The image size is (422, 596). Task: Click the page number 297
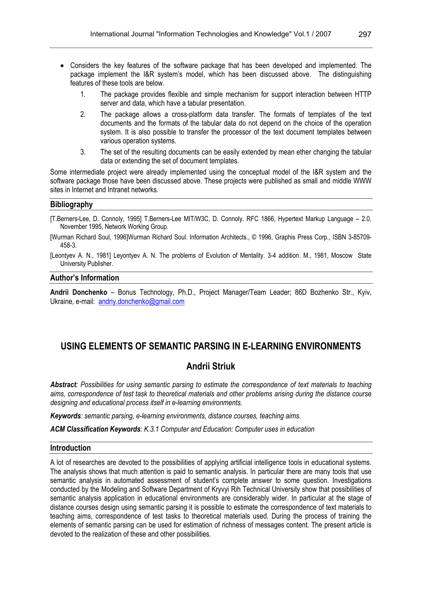click(365, 34)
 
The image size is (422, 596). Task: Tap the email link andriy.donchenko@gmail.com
click(141, 302)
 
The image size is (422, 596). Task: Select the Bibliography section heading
click(71, 204)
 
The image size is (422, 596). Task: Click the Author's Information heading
click(85, 278)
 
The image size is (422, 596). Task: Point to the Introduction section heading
click(70, 448)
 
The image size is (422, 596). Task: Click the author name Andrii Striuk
click(210, 366)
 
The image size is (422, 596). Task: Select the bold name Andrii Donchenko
click(79, 292)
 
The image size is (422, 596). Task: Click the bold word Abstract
click(63, 385)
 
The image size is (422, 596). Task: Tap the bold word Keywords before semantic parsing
click(65, 416)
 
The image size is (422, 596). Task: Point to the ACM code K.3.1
click(151, 429)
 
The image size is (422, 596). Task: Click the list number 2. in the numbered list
click(83, 114)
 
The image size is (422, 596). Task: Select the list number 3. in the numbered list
click(83, 152)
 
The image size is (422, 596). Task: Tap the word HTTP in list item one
click(363, 94)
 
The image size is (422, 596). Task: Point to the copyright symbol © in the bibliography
click(254, 237)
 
